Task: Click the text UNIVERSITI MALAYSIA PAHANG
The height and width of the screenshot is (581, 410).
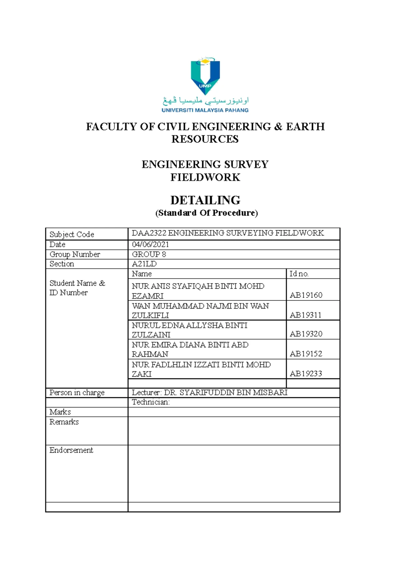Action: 205,110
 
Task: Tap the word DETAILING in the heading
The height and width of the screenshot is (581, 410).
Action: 205,200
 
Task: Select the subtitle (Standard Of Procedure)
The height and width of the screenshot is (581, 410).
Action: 206,213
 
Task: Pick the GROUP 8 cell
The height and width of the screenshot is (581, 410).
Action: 149,254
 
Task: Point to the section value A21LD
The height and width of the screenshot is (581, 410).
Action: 144,264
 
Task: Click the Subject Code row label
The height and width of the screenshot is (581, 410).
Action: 72,234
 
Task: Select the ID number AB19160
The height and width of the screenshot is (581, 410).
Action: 306,295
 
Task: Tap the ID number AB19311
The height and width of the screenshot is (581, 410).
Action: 305,315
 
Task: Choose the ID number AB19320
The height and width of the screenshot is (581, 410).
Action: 306,334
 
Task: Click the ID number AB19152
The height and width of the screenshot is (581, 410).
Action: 306,354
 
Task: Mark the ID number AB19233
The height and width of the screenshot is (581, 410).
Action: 306,374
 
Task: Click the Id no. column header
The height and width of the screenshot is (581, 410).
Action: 299,274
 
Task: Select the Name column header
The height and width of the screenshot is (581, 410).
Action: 142,274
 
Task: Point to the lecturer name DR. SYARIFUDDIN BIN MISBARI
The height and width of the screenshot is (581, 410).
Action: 225,392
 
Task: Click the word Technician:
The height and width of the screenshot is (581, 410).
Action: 151,402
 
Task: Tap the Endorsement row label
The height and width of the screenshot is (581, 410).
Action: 71,450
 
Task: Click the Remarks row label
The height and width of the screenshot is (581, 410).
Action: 64,422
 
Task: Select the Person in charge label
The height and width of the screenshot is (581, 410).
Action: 77,392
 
